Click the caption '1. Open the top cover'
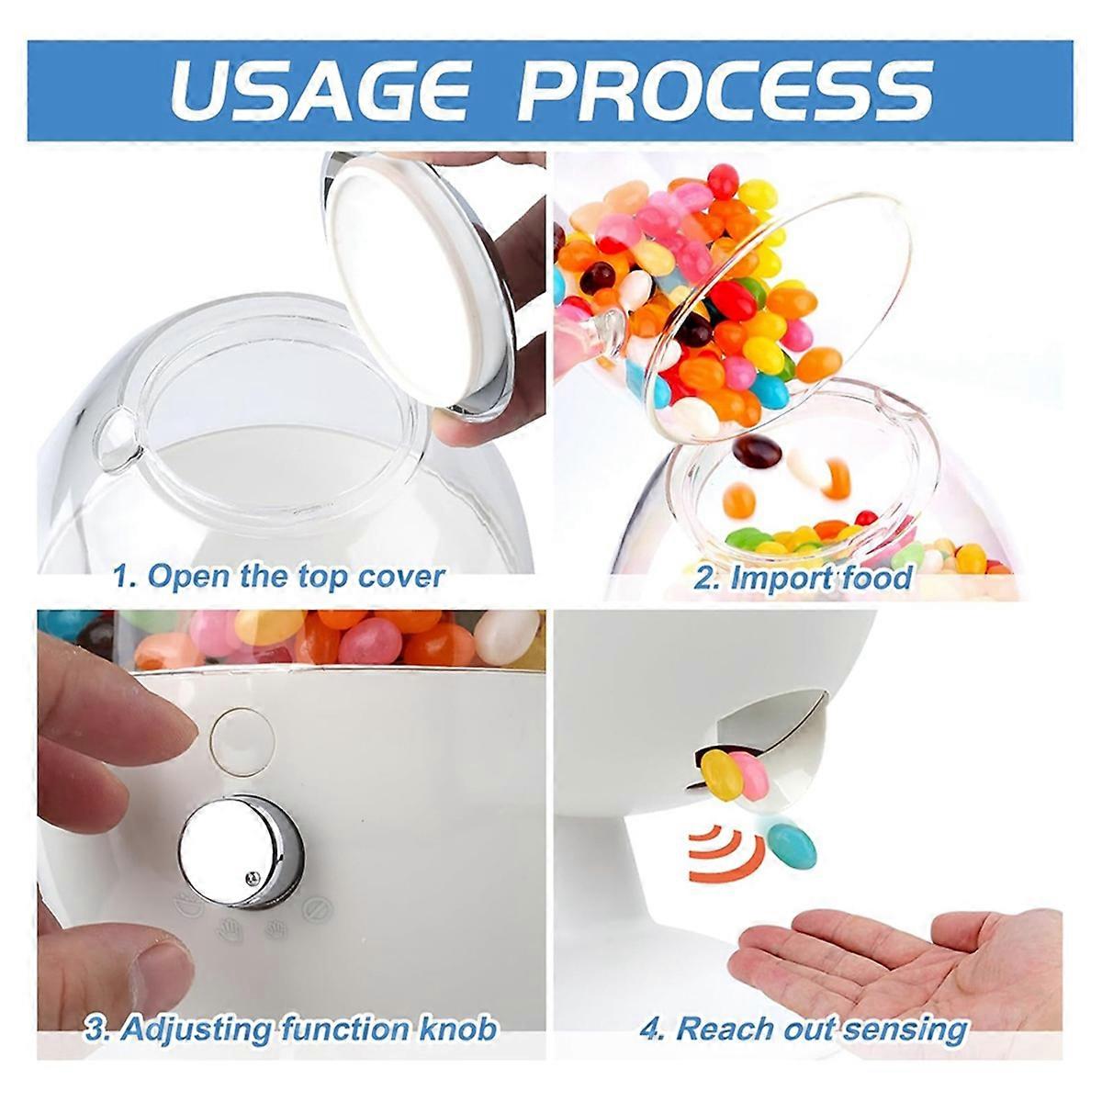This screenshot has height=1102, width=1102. pos(278,576)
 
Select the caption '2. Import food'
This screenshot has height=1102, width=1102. pos(803,578)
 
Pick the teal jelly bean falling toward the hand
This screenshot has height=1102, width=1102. pos(791,846)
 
